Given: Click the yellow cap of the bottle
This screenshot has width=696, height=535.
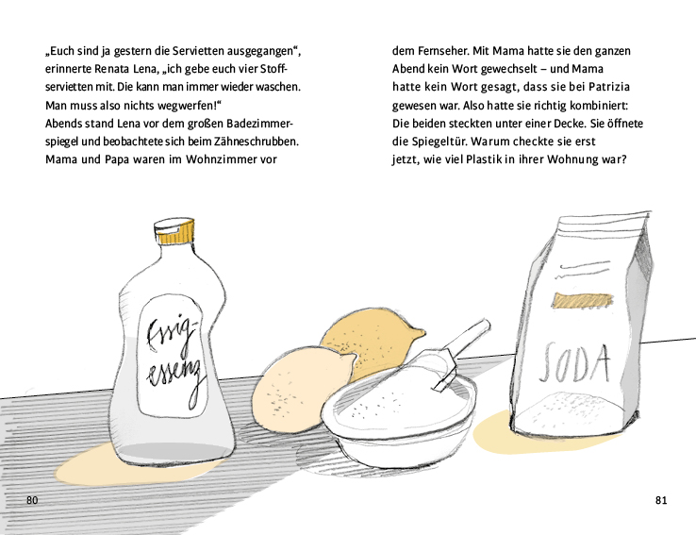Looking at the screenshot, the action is [174, 231].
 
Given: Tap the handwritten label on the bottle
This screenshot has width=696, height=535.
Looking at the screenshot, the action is [174, 358].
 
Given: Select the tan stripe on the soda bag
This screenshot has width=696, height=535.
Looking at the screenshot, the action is [583, 300].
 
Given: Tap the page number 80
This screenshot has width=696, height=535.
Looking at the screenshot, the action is [32, 500].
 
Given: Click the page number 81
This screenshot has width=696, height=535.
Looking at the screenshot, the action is [661, 500].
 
